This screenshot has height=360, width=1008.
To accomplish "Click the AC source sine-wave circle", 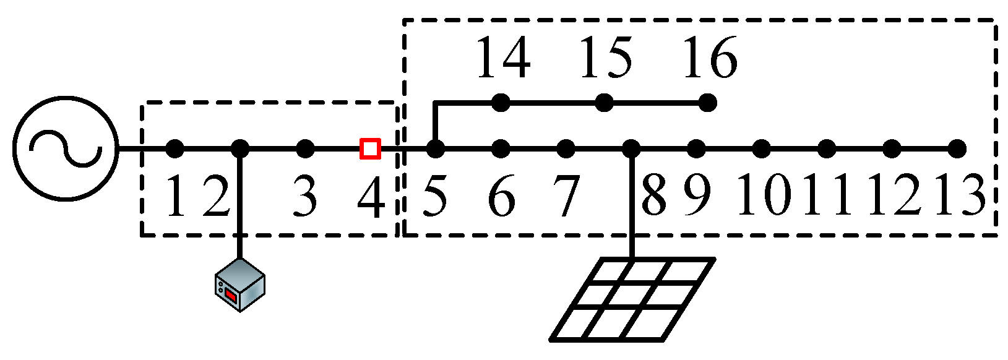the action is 66,148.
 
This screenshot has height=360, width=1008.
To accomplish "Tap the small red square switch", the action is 370,149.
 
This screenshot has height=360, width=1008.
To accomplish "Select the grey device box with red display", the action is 239,285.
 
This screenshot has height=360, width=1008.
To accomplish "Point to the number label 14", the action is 502,58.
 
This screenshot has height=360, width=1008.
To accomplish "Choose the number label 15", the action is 606,58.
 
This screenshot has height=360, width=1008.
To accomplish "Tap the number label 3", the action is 304,197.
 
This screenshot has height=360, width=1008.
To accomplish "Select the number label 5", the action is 435,197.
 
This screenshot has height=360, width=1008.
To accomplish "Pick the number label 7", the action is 565,197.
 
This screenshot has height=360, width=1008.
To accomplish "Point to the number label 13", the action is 959,197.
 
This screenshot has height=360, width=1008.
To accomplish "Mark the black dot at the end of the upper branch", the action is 708,102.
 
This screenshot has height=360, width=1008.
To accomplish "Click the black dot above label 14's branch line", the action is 501,102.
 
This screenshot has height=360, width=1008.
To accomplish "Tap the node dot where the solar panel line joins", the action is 631,148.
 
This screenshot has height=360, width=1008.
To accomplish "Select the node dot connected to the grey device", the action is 240,148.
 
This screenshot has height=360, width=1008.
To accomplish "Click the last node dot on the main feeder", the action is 957,148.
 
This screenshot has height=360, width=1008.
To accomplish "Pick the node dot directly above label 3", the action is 305,148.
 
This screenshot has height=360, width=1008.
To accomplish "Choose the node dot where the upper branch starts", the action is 436,148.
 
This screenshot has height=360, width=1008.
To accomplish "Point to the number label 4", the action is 371,197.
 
